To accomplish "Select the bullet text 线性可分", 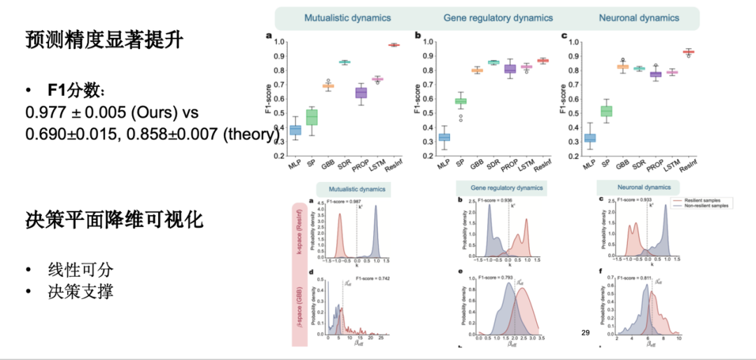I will click(x=80, y=270).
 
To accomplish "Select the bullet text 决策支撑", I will click(x=80, y=291).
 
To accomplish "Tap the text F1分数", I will click(x=77, y=92).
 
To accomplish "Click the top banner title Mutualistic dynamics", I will click(x=347, y=18).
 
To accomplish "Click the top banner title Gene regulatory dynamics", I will click(x=498, y=18).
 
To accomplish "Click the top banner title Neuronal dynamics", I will click(x=638, y=18).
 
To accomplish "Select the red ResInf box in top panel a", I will click(x=394, y=45).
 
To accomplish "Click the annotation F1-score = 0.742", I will click(x=372, y=278).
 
